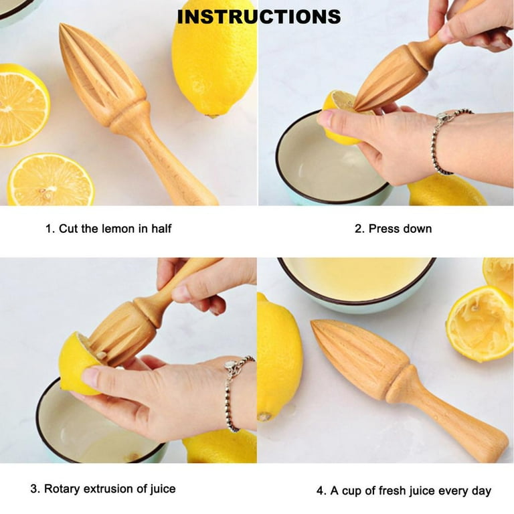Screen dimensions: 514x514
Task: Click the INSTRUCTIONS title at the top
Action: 258,17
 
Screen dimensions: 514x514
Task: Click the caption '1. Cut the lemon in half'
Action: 108,229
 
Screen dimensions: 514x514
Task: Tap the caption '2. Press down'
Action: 393,229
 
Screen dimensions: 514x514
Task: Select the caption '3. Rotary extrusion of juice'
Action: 103,489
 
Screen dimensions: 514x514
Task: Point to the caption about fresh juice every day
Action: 404,491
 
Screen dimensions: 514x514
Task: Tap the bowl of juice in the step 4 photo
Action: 355,281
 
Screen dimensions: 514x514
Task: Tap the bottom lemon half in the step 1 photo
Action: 50,179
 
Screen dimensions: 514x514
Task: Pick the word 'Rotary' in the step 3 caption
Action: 62,489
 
